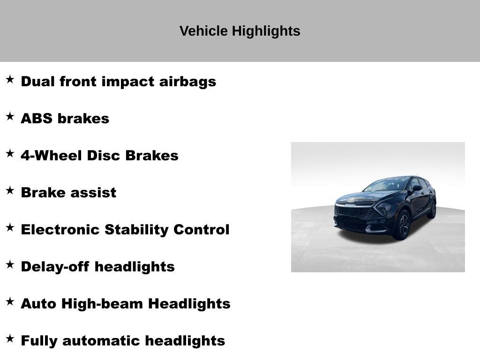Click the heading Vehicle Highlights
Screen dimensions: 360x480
[240, 31]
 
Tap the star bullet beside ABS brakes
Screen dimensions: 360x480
[10, 117]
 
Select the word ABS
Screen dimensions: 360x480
[37, 119]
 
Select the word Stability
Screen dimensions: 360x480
[136, 230]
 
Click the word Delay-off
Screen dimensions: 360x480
[55, 267]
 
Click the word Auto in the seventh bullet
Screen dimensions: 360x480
[38, 304]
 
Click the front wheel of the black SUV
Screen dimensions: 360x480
[402, 225]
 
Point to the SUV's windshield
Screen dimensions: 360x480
[387, 185]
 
